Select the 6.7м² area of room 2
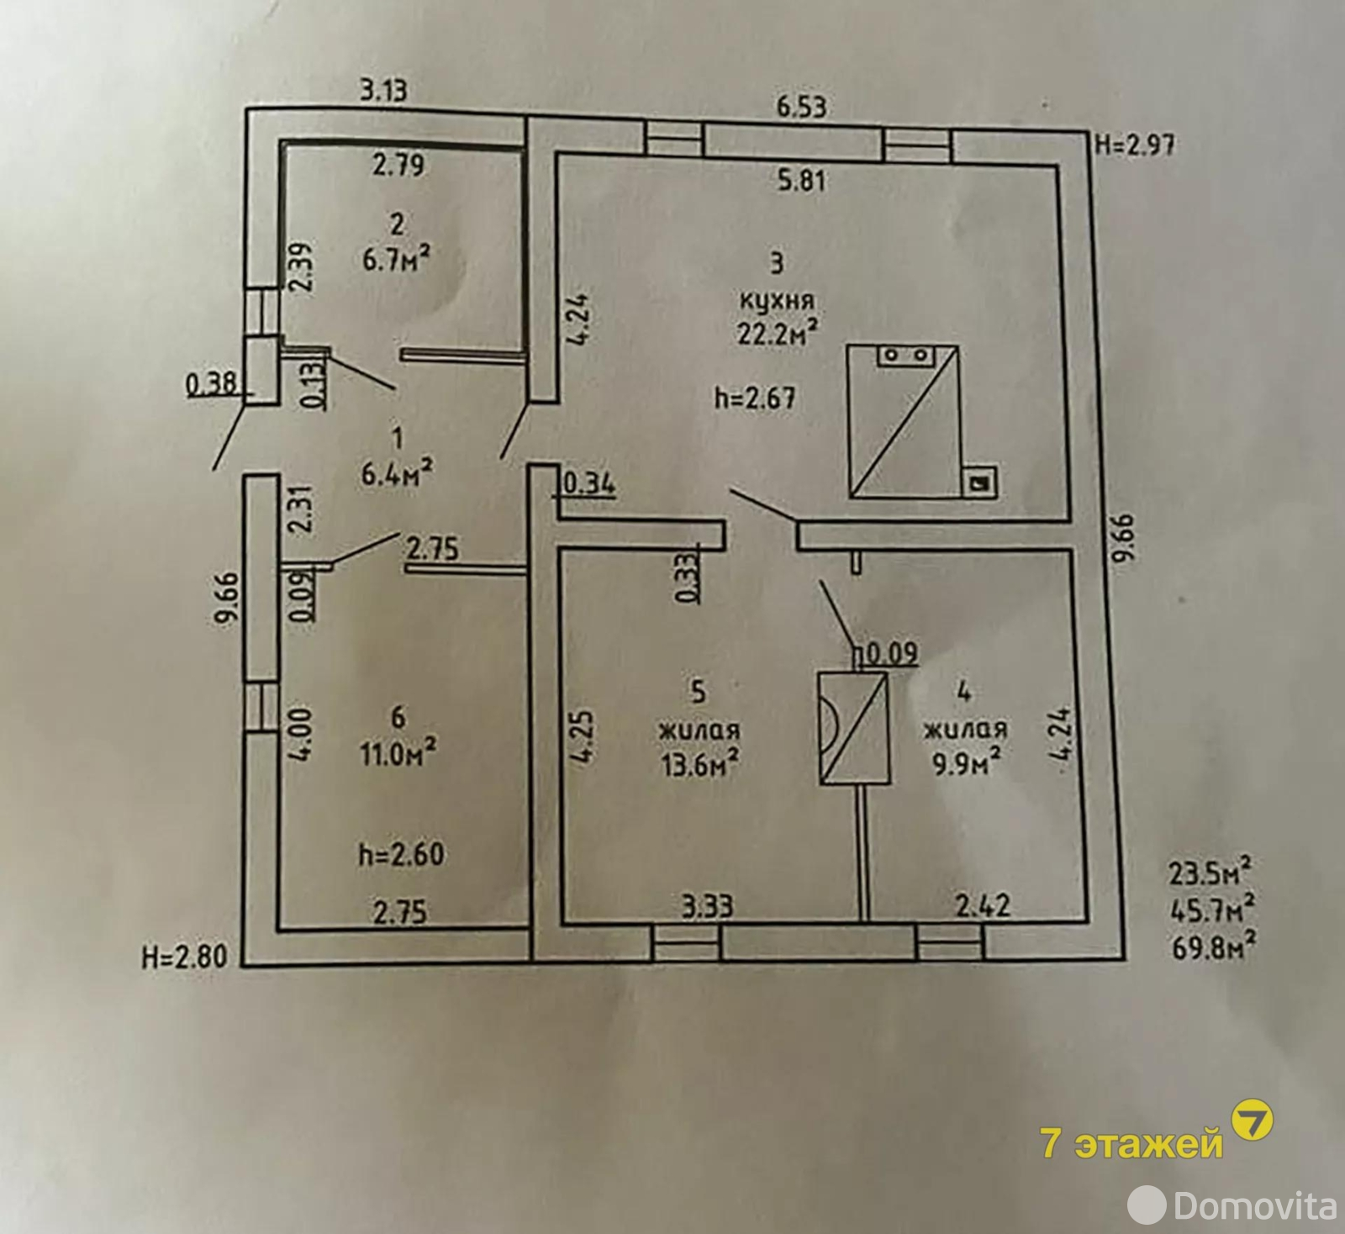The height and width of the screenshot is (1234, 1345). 396,256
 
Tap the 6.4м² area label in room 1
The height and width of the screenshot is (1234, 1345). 397,472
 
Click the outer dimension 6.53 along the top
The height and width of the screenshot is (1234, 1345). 801,107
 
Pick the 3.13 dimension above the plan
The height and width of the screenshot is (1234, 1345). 383,90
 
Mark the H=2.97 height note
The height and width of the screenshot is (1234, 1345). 1135,145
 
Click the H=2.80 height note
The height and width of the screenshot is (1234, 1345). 185,957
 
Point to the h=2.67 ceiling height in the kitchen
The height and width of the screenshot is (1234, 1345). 755,397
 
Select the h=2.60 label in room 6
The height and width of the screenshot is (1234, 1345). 400,854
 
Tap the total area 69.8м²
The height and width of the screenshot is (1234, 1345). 1213,947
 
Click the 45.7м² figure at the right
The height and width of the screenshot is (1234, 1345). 1213,909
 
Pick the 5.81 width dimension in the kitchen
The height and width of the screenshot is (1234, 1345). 801,180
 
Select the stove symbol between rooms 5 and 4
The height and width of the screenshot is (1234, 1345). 853,728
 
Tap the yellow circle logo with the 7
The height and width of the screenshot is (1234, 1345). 1252,1121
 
